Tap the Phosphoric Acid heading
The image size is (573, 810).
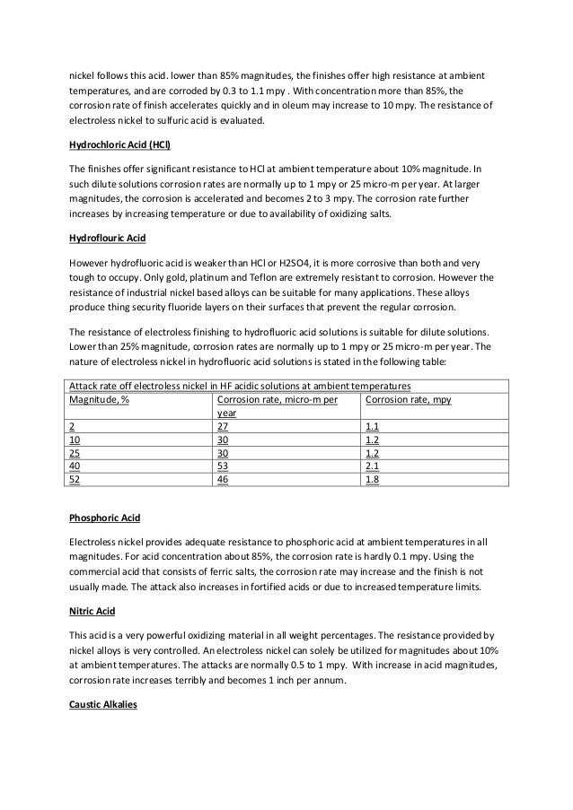pyautogui.click(x=104, y=519)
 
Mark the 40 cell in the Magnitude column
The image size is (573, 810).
pyautogui.click(x=75, y=466)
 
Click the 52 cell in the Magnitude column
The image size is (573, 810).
pyautogui.click(x=75, y=479)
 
